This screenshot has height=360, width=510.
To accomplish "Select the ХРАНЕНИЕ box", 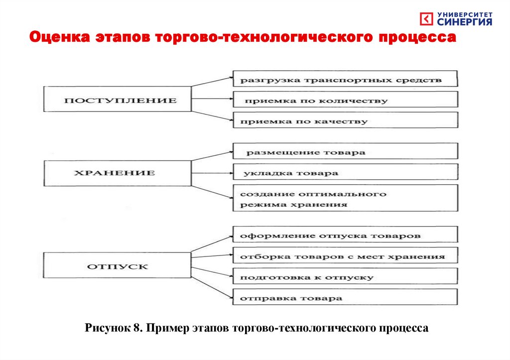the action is tap(118, 173).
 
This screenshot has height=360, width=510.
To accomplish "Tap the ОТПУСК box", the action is tap(118, 266).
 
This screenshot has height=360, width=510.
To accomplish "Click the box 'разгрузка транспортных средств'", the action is tap(345, 79).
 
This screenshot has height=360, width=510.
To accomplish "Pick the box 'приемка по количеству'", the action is tap(345, 100).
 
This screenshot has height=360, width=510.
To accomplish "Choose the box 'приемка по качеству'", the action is tap(345, 120).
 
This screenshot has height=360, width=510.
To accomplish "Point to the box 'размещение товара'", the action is tap(345, 152).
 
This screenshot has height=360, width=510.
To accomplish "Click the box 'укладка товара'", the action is tap(345, 173).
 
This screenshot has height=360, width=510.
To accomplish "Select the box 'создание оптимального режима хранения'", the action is tap(345, 199).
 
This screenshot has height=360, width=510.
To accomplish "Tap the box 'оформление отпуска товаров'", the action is tap(345, 235).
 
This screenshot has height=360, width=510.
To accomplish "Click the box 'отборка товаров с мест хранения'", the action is tap(345, 256).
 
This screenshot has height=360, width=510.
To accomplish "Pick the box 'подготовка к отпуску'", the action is tap(345, 277).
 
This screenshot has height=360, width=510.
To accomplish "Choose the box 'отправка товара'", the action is tap(345, 298).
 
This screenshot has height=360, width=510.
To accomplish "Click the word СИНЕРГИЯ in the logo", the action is tap(465, 22).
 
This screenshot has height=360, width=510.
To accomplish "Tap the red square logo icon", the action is tap(427, 19).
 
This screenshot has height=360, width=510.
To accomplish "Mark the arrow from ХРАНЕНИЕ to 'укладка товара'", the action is tap(212, 173).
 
